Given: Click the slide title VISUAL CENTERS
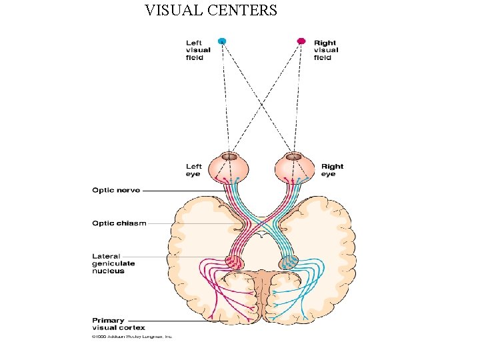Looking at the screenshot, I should (x=211, y=11).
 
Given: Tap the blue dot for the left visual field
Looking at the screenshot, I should (x=222, y=41).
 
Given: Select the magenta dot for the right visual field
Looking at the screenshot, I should (x=301, y=41).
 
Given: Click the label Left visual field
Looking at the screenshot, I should (x=198, y=50).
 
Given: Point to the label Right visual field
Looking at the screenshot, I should (x=326, y=50).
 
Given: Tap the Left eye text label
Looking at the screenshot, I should (x=194, y=170).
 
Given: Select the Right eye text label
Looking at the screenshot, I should (x=332, y=170).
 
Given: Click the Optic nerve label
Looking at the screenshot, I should (x=116, y=191).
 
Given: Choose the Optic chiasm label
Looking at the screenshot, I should (x=119, y=223).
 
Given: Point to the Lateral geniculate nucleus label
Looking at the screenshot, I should (x=113, y=263).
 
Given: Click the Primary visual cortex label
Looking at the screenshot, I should (x=119, y=324).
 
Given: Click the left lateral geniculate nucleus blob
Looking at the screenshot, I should (x=234, y=262).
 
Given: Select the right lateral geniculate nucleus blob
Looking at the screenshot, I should (x=289, y=262).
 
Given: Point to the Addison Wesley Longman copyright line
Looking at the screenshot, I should (x=132, y=337).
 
